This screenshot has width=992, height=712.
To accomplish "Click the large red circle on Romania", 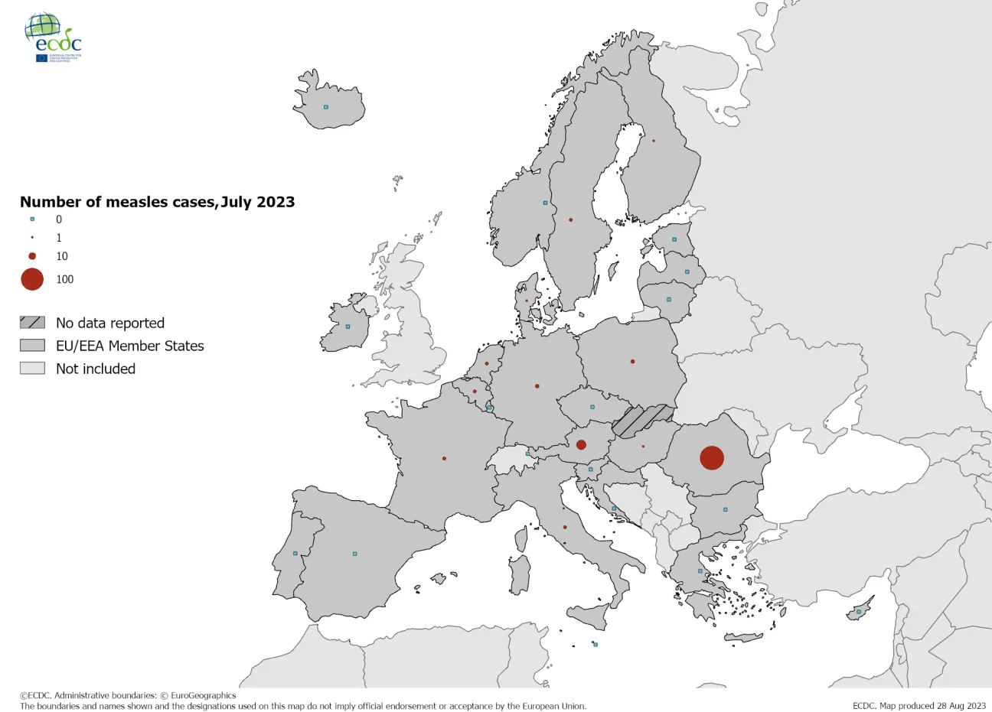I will point(712,458).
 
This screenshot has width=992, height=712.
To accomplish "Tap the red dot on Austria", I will point(581,445).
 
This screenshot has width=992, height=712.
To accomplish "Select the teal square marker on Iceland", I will point(326,107).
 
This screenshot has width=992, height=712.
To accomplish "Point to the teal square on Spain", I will point(354,554).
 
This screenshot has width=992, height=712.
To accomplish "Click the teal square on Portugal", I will point(295,554).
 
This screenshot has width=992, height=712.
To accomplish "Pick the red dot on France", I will point(444,459).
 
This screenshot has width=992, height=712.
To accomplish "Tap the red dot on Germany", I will point(537,386).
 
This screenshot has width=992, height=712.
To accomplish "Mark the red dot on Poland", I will point(632,362).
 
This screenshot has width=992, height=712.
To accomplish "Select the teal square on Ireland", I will point(348,327).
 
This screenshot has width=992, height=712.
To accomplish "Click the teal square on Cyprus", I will point(859,612).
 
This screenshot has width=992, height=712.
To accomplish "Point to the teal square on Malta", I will point(596,645).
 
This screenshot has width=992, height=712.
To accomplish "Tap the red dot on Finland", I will point(654,141).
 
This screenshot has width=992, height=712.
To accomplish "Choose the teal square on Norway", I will point(545,203).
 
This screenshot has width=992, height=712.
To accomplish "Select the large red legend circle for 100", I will point(32,279).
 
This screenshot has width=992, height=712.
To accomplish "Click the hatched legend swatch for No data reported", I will point(32,323).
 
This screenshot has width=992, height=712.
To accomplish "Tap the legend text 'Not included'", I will point(96,369).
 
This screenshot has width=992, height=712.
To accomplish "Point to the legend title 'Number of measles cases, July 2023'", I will point(157,202).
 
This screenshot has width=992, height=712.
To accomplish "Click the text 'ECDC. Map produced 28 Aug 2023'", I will point(919,706).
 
